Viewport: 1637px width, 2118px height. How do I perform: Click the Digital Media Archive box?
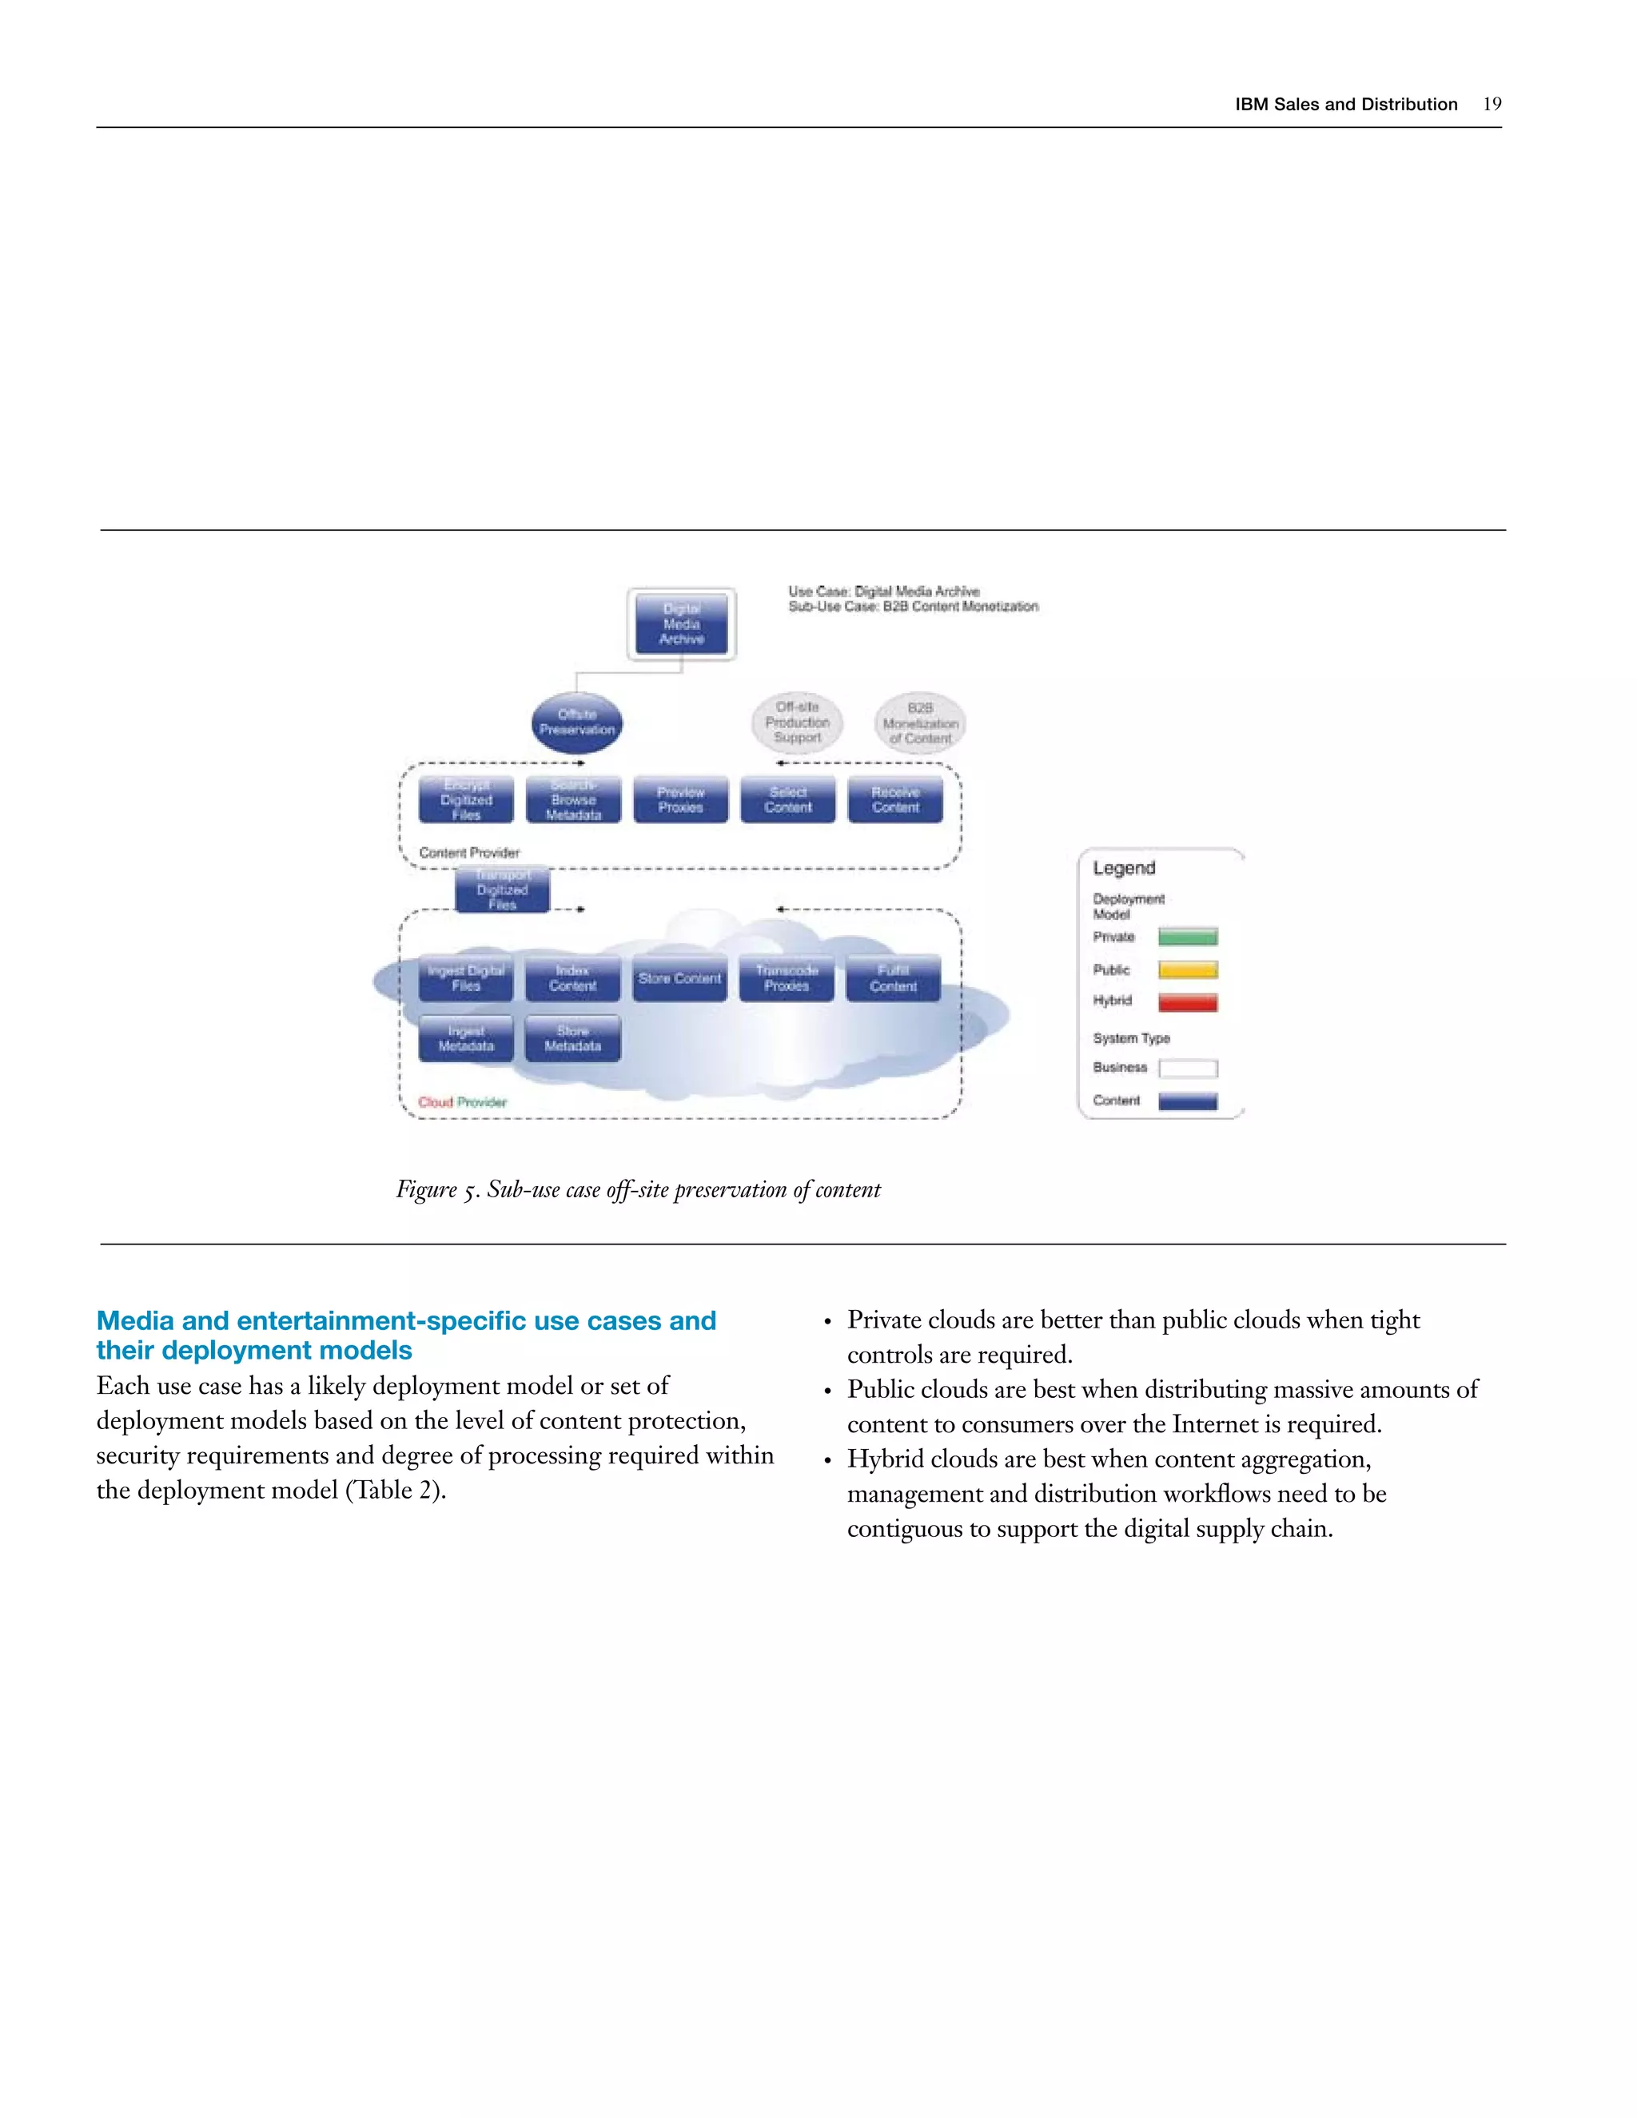pos(681,624)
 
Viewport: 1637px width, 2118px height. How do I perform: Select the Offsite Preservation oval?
pos(577,723)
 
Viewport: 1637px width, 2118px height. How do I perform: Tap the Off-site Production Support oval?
pos(797,723)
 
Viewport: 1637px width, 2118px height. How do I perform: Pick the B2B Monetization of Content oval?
pos(920,723)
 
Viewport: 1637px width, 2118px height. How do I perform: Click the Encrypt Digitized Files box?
pos(467,800)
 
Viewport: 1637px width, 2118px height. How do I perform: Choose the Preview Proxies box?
pos(681,800)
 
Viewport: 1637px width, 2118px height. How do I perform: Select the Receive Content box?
pos(895,800)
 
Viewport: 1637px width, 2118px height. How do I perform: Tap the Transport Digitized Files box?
pos(502,890)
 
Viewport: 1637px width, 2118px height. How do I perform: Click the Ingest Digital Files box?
pos(467,978)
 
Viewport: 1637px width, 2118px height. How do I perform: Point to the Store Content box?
pos(680,978)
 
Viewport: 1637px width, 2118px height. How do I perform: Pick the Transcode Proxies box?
pos(787,978)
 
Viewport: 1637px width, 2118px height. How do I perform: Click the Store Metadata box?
pos(573,1039)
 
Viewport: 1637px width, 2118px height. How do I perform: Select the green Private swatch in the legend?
pos(1188,937)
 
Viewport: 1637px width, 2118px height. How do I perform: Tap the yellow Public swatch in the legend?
pos(1188,969)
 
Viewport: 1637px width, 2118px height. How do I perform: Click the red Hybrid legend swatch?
pos(1188,1001)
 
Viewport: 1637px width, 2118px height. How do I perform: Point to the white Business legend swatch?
pos(1188,1069)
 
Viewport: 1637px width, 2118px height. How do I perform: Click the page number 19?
pos(1492,105)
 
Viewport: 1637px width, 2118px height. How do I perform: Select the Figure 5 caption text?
pos(638,1190)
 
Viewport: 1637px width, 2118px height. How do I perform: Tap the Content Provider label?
pos(469,854)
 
